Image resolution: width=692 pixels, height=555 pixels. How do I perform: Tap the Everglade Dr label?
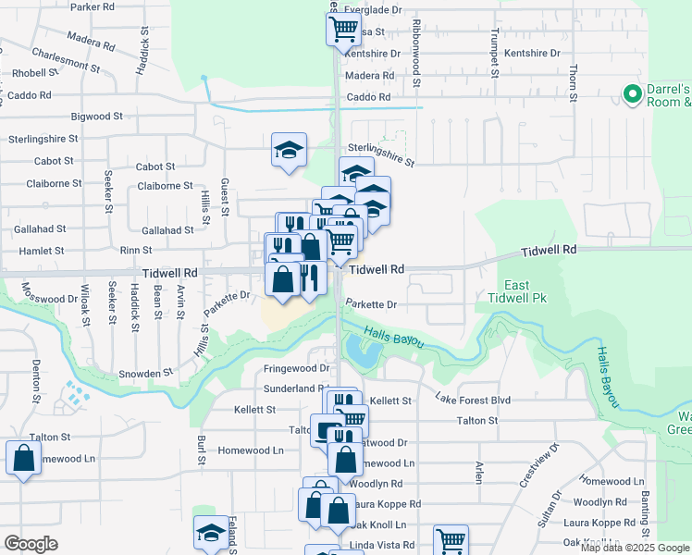click(x=374, y=9)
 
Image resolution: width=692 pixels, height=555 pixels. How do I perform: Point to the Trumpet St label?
click(x=493, y=46)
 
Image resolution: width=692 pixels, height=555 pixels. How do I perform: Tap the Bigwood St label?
click(x=97, y=117)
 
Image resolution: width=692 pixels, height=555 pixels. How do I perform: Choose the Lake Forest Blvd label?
click(x=473, y=399)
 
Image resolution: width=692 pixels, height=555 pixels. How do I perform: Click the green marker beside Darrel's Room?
click(x=633, y=93)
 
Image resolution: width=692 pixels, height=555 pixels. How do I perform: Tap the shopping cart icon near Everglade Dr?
click(x=343, y=28)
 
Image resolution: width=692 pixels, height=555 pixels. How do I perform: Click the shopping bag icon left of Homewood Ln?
click(x=23, y=457)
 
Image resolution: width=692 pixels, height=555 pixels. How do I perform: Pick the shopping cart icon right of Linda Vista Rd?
click(x=451, y=540)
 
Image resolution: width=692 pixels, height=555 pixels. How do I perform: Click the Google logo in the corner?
click(x=31, y=544)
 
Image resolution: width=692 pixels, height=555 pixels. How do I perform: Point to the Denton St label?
click(x=37, y=382)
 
